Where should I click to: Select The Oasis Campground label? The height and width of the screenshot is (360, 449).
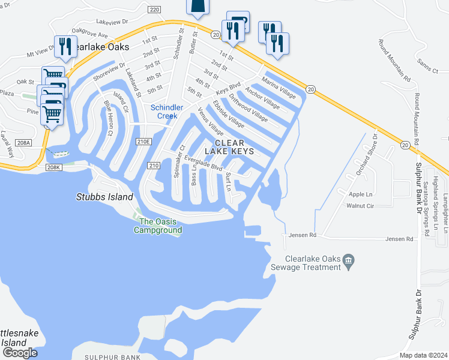click(158, 226)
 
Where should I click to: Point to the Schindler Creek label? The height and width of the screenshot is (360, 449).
click(163, 112)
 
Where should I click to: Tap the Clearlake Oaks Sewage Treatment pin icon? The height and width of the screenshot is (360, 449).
click(348, 260)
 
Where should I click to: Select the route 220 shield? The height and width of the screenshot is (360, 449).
click(154, 10)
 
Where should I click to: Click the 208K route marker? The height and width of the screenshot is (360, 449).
click(53, 167)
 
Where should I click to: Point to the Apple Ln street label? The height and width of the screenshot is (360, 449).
click(360, 194)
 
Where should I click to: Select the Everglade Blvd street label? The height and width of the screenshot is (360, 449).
click(203, 163)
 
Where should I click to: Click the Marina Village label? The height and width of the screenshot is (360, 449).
click(279, 88)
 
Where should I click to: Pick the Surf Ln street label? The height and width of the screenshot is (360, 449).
click(228, 181)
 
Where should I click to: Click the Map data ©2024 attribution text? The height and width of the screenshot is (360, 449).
click(423, 355)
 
